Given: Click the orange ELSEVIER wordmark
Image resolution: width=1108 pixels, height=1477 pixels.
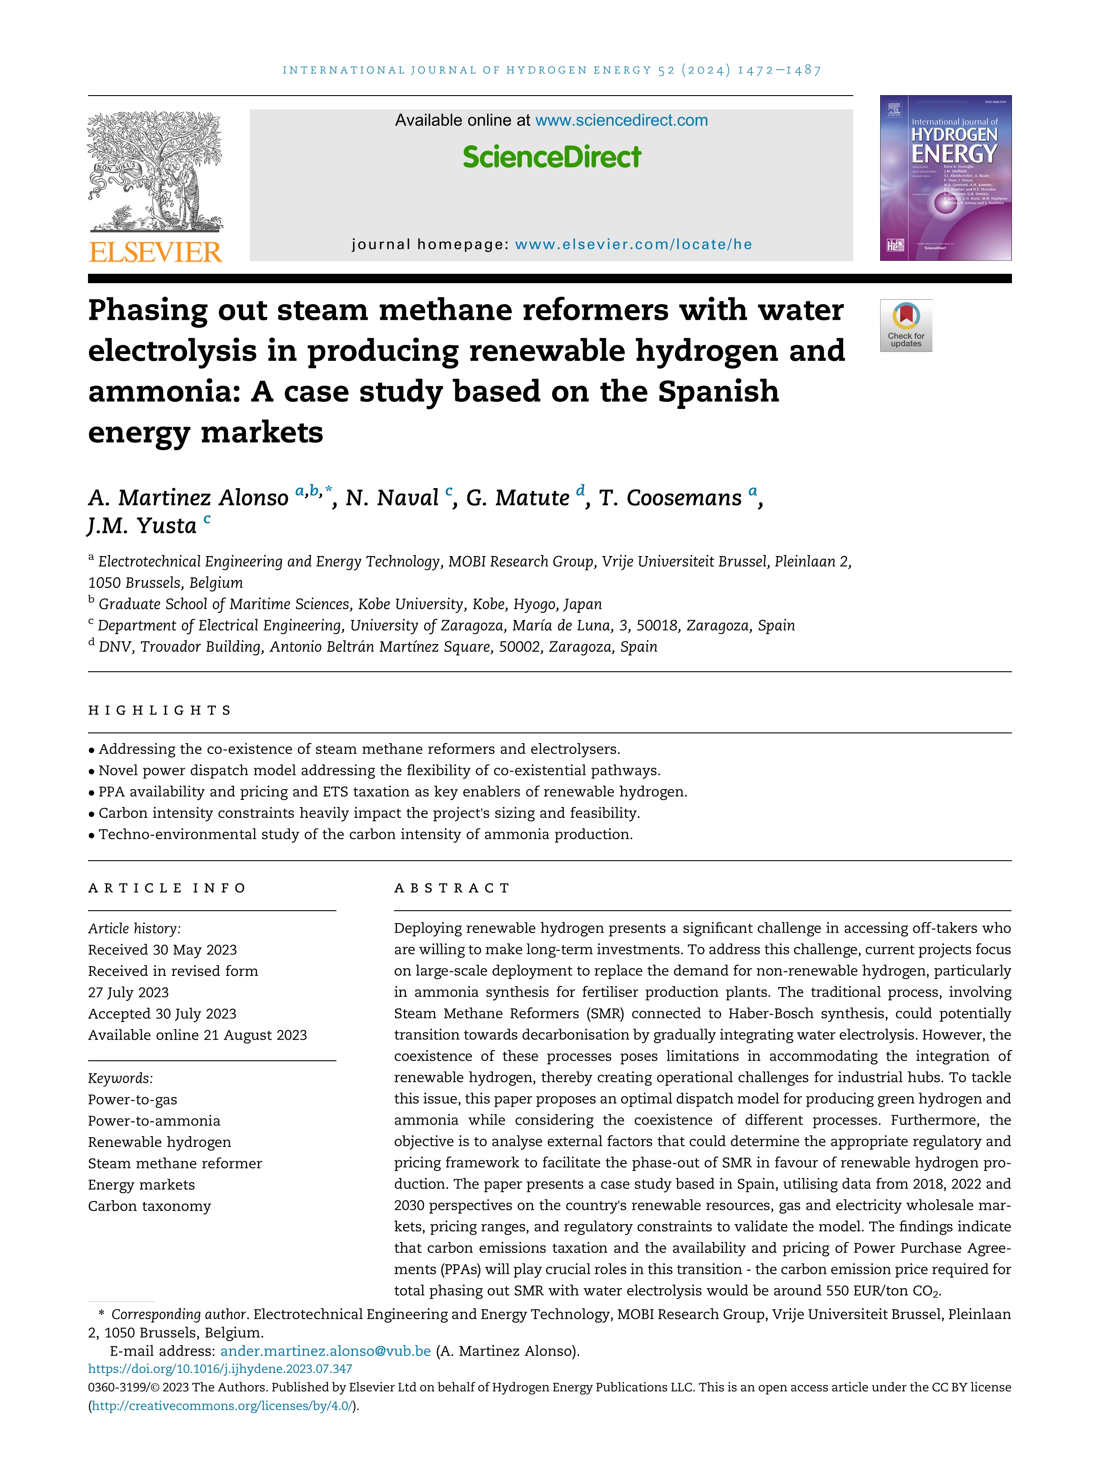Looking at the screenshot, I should (x=155, y=252).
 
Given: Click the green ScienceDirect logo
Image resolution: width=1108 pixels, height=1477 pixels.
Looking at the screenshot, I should (x=552, y=157).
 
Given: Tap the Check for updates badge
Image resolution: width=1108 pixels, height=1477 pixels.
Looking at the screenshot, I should (x=906, y=325).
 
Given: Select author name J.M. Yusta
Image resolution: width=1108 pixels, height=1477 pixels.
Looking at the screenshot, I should (x=142, y=526).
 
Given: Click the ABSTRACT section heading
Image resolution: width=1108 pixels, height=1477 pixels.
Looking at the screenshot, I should (x=452, y=888).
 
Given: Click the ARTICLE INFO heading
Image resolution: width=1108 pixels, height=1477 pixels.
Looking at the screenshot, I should (x=167, y=888).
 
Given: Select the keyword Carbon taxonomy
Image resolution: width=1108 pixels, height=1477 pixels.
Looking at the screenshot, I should (x=150, y=1206).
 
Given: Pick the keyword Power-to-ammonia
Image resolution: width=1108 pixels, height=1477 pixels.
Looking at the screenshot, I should (x=154, y=1121).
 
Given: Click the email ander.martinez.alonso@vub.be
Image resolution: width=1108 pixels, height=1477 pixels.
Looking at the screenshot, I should (x=325, y=1351).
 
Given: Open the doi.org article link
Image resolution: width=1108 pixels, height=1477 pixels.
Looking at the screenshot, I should (x=220, y=1369).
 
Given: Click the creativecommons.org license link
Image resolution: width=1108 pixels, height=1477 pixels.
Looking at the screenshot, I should (x=222, y=1406).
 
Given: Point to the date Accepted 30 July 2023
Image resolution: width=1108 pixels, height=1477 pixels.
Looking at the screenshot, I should (x=162, y=1013).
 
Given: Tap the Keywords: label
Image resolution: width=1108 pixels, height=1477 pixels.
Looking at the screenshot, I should (x=120, y=1078).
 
